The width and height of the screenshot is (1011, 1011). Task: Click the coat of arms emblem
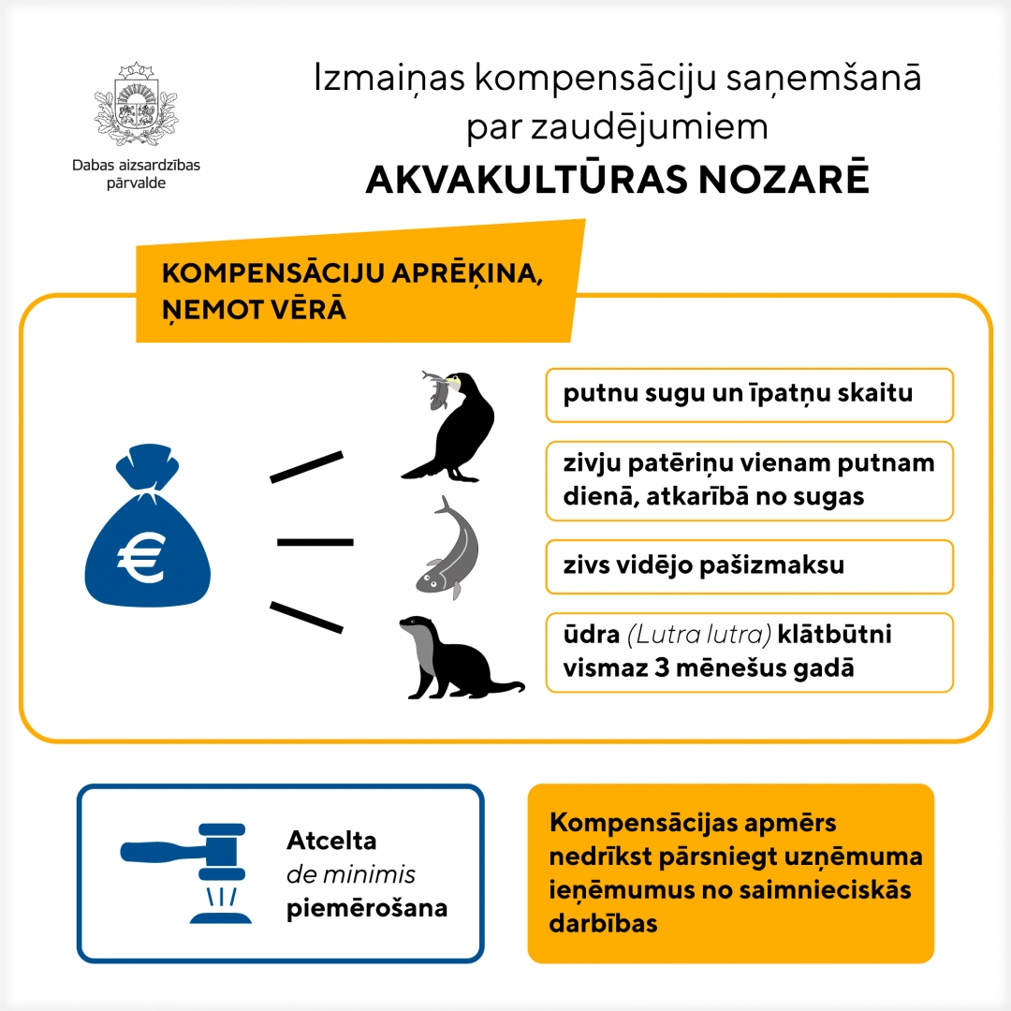click(x=137, y=108)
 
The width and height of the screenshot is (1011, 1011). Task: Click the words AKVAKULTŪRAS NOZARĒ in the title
click(x=617, y=179)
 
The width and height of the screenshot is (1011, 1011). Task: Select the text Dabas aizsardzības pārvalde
click(x=136, y=173)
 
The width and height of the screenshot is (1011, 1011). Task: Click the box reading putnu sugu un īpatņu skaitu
click(x=749, y=394)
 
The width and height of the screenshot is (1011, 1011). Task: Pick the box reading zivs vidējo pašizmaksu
click(x=749, y=565)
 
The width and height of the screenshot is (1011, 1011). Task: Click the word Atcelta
click(x=331, y=841)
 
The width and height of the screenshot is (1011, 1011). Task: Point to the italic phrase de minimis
click(x=351, y=875)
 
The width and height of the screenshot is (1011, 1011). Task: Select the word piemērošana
click(x=367, y=909)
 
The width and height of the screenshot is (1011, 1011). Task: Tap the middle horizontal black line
click(x=315, y=542)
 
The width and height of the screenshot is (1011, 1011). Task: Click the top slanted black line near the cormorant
click(x=306, y=466)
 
